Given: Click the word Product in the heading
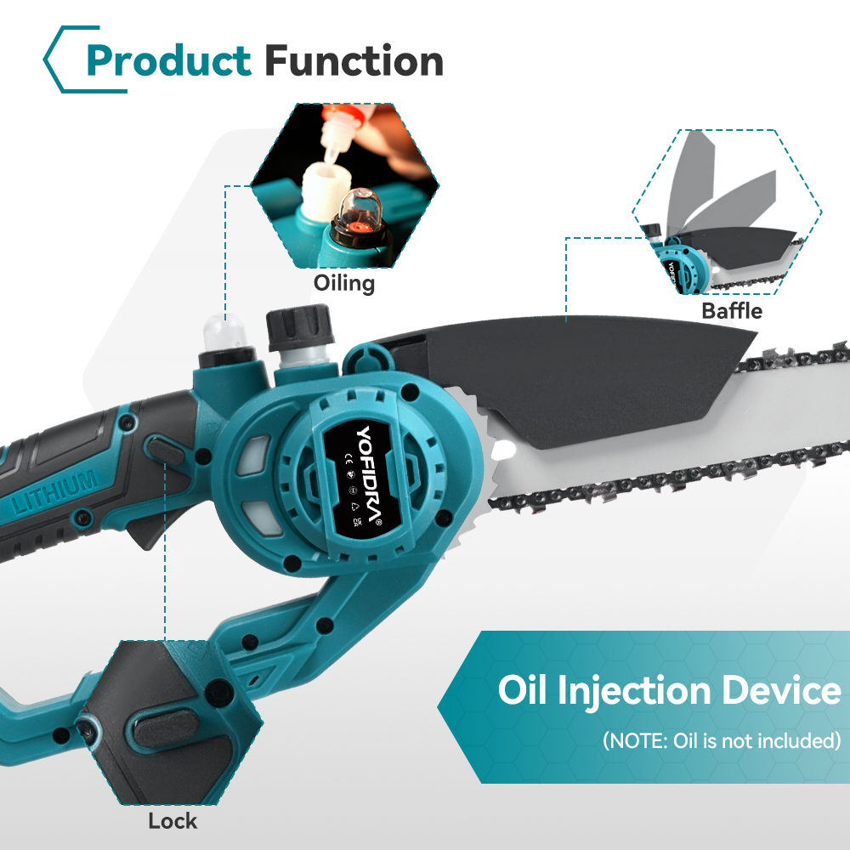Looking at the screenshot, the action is [x=168, y=60].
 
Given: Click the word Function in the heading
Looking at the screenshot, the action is [x=354, y=60].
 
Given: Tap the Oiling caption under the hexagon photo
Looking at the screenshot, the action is [x=344, y=284].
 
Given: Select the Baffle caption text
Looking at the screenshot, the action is [x=732, y=310].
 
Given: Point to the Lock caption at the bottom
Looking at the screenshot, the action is [x=173, y=821].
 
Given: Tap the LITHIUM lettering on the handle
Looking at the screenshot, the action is [x=54, y=492].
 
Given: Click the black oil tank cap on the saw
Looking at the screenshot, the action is [x=298, y=326].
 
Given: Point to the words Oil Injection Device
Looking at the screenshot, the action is [x=670, y=690].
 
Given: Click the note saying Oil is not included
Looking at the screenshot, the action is [x=722, y=740].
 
